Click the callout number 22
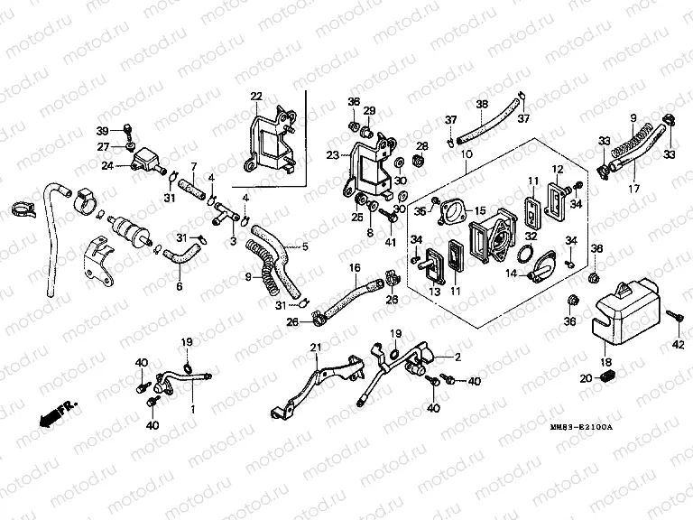click(256, 97)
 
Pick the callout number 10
click(467, 156)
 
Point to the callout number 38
click(482, 104)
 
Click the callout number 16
click(355, 267)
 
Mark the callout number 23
click(332, 155)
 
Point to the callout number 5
click(304, 245)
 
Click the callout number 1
click(191, 409)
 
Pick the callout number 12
click(558, 170)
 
